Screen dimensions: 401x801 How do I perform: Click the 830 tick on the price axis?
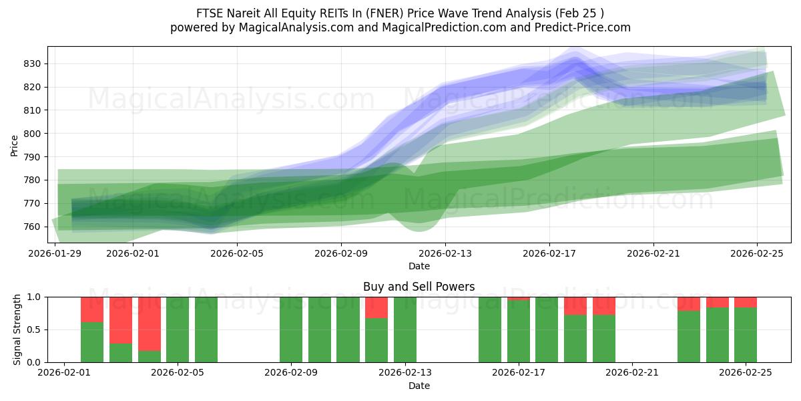34,63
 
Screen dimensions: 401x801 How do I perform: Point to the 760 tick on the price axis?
34,227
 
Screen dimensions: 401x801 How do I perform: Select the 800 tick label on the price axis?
34,134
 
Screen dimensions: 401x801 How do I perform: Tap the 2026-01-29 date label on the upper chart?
55,253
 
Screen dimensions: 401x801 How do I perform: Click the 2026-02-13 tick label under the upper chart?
445,253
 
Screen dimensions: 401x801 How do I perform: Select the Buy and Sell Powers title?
419,287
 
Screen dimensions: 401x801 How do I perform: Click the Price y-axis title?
14,145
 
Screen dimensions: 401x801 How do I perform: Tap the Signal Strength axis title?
17,329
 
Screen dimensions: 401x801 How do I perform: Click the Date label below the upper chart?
419,266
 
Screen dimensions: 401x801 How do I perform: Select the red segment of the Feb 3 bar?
121,319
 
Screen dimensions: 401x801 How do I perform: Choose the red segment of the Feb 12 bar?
376,307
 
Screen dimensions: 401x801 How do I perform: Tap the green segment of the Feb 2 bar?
92,342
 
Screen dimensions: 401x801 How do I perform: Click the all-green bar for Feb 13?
405,329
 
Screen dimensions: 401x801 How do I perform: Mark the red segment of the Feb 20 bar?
604,305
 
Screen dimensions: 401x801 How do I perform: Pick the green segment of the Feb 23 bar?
689,337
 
